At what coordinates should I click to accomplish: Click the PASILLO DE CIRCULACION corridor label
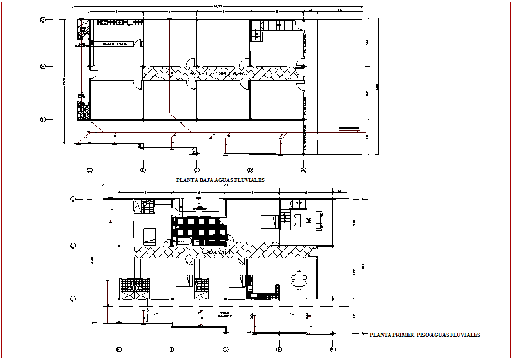pos(217,73)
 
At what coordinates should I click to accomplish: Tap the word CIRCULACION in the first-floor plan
pos(216,252)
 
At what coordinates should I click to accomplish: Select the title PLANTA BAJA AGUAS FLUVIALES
pos(220,180)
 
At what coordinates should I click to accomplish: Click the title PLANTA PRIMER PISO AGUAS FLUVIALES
pos(425,335)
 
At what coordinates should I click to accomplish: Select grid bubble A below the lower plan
pos(332,349)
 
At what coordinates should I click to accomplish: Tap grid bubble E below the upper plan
pos(90,170)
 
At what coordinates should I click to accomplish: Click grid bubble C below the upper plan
pos(196,170)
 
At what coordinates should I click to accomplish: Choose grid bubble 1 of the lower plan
pos(73,299)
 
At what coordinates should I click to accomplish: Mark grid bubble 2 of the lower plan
pos(73,246)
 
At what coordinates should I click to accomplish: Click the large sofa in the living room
pos(320,220)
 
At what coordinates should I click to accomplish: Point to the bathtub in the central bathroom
pos(182,241)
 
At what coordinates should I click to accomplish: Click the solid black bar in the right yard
pos(349,128)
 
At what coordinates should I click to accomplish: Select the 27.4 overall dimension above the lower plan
pos(224,185)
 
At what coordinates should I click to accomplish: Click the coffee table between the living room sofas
pos(308,220)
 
